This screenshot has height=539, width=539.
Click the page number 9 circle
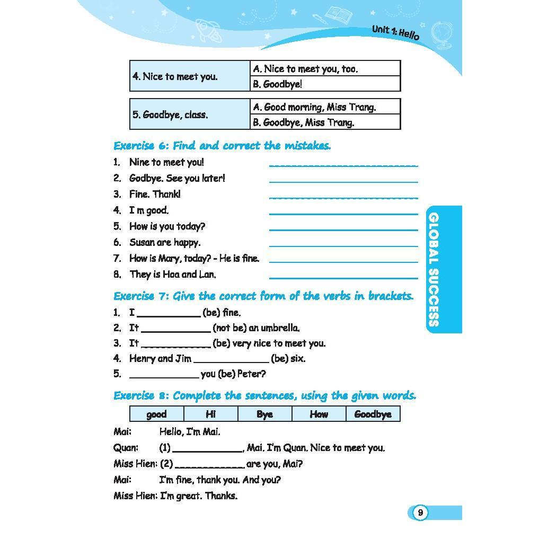pos(420,513)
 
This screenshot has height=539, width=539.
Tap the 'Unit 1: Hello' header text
pos(395,32)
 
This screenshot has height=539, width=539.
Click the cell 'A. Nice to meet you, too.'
pos(325,69)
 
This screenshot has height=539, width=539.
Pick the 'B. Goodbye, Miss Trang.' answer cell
pos(325,122)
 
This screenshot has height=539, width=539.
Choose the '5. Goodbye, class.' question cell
pos(190,114)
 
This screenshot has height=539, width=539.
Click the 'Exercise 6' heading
pos(222,146)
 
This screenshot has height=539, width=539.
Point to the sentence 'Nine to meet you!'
pos(166,162)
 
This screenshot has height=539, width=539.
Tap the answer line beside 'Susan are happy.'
pos(343,246)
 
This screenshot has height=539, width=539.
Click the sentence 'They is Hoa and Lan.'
pos(173,275)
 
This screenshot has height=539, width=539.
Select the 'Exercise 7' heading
pos(263,296)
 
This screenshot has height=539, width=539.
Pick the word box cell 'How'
pos(319,414)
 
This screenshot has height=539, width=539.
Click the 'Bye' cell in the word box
pos(264,414)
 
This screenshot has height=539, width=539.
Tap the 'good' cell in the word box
pos(156,414)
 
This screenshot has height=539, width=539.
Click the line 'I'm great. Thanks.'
pos(199,496)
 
